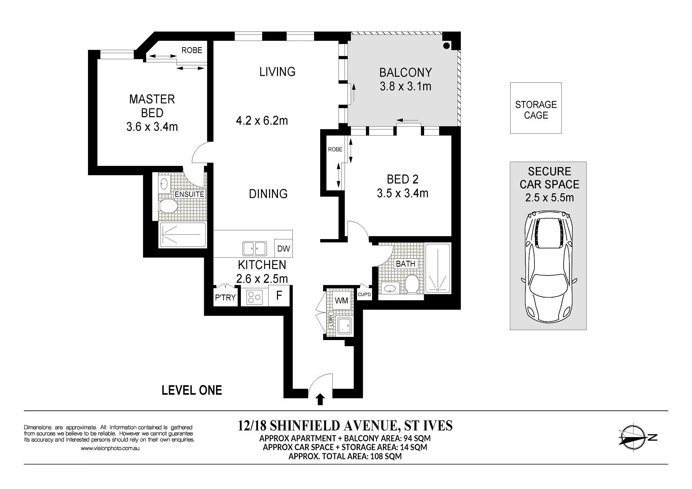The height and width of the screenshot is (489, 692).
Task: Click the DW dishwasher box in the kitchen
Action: pos(283,248)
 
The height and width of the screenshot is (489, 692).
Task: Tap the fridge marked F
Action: pos(279,296)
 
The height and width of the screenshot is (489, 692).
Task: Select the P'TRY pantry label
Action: pos(225,298)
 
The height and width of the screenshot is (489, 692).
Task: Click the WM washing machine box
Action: pos(341,300)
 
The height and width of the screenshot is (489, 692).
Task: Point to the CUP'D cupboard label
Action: pos(364,295)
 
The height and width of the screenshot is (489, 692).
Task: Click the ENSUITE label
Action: pos(189,194)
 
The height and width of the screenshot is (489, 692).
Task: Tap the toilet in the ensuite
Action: pos(168,206)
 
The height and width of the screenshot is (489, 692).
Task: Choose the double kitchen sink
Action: pos(255,248)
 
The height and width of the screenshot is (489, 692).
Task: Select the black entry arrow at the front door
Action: pos(320,400)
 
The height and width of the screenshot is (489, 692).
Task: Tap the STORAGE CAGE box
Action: pos(536,108)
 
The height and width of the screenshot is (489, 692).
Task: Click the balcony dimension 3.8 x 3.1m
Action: pos(406,87)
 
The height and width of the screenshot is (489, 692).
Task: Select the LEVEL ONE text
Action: pos(192,390)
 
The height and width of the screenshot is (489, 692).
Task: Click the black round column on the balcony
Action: pos(446,46)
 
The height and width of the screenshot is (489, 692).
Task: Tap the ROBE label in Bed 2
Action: pos(335,149)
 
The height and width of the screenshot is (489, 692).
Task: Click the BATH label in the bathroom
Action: pos(406,264)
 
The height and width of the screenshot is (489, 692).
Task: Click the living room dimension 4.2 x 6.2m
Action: pos(262,120)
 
